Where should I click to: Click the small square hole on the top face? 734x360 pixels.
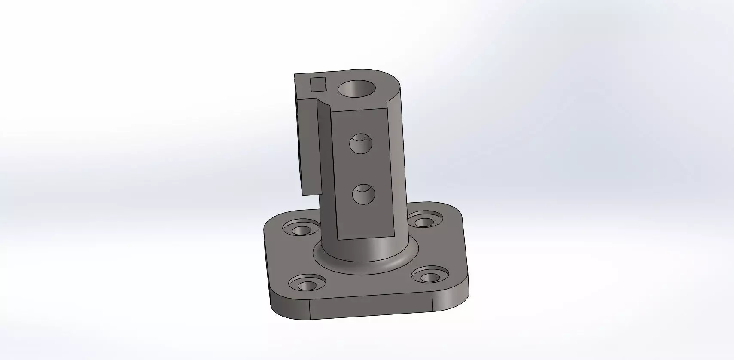pyautogui.click(x=318, y=84)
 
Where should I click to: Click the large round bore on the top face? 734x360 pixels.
pyautogui.click(x=356, y=89)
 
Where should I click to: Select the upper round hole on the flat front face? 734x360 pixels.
pyautogui.click(x=361, y=144)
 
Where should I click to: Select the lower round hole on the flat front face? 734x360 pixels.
pyautogui.click(x=363, y=195)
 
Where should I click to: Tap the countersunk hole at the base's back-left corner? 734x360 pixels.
pyautogui.click(x=302, y=229)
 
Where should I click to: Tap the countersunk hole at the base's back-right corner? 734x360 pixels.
pyautogui.click(x=424, y=221)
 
